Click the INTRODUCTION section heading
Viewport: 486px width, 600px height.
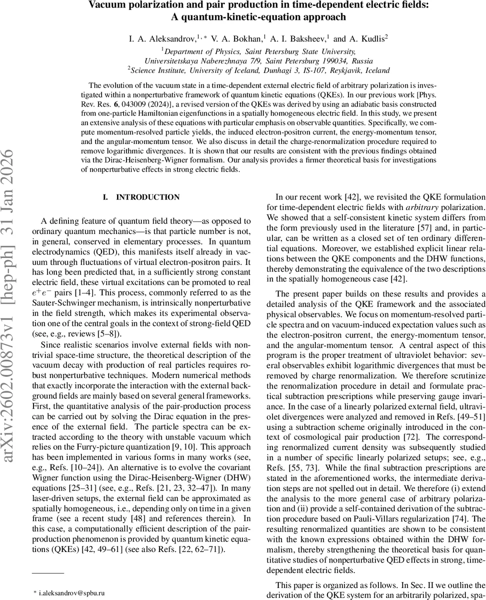click(147, 197)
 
